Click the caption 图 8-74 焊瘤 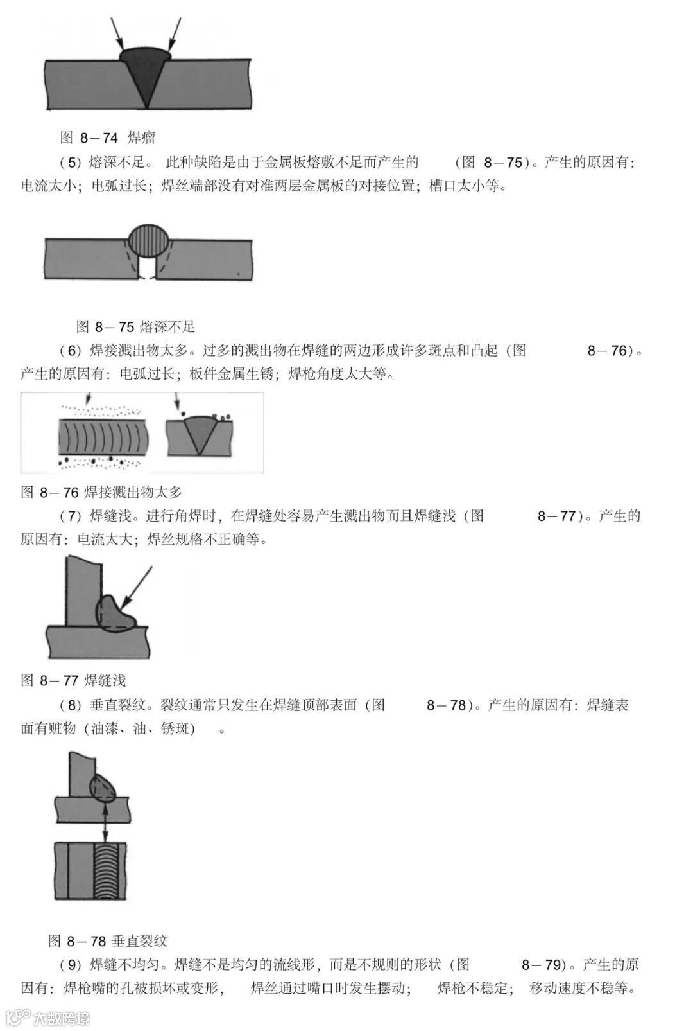click(x=107, y=137)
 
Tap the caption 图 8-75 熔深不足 click(x=135, y=326)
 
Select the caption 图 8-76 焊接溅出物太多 click(x=101, y=492)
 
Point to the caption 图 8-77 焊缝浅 click(x=73, y=680)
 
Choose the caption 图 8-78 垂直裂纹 click(x=108, y=941)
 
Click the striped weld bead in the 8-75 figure click(x=150, y=242)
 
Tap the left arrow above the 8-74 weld click(x=117, y=34)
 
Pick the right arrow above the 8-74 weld click(x=175, y=34)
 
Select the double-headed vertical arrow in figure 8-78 click(x=104, y=822)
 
